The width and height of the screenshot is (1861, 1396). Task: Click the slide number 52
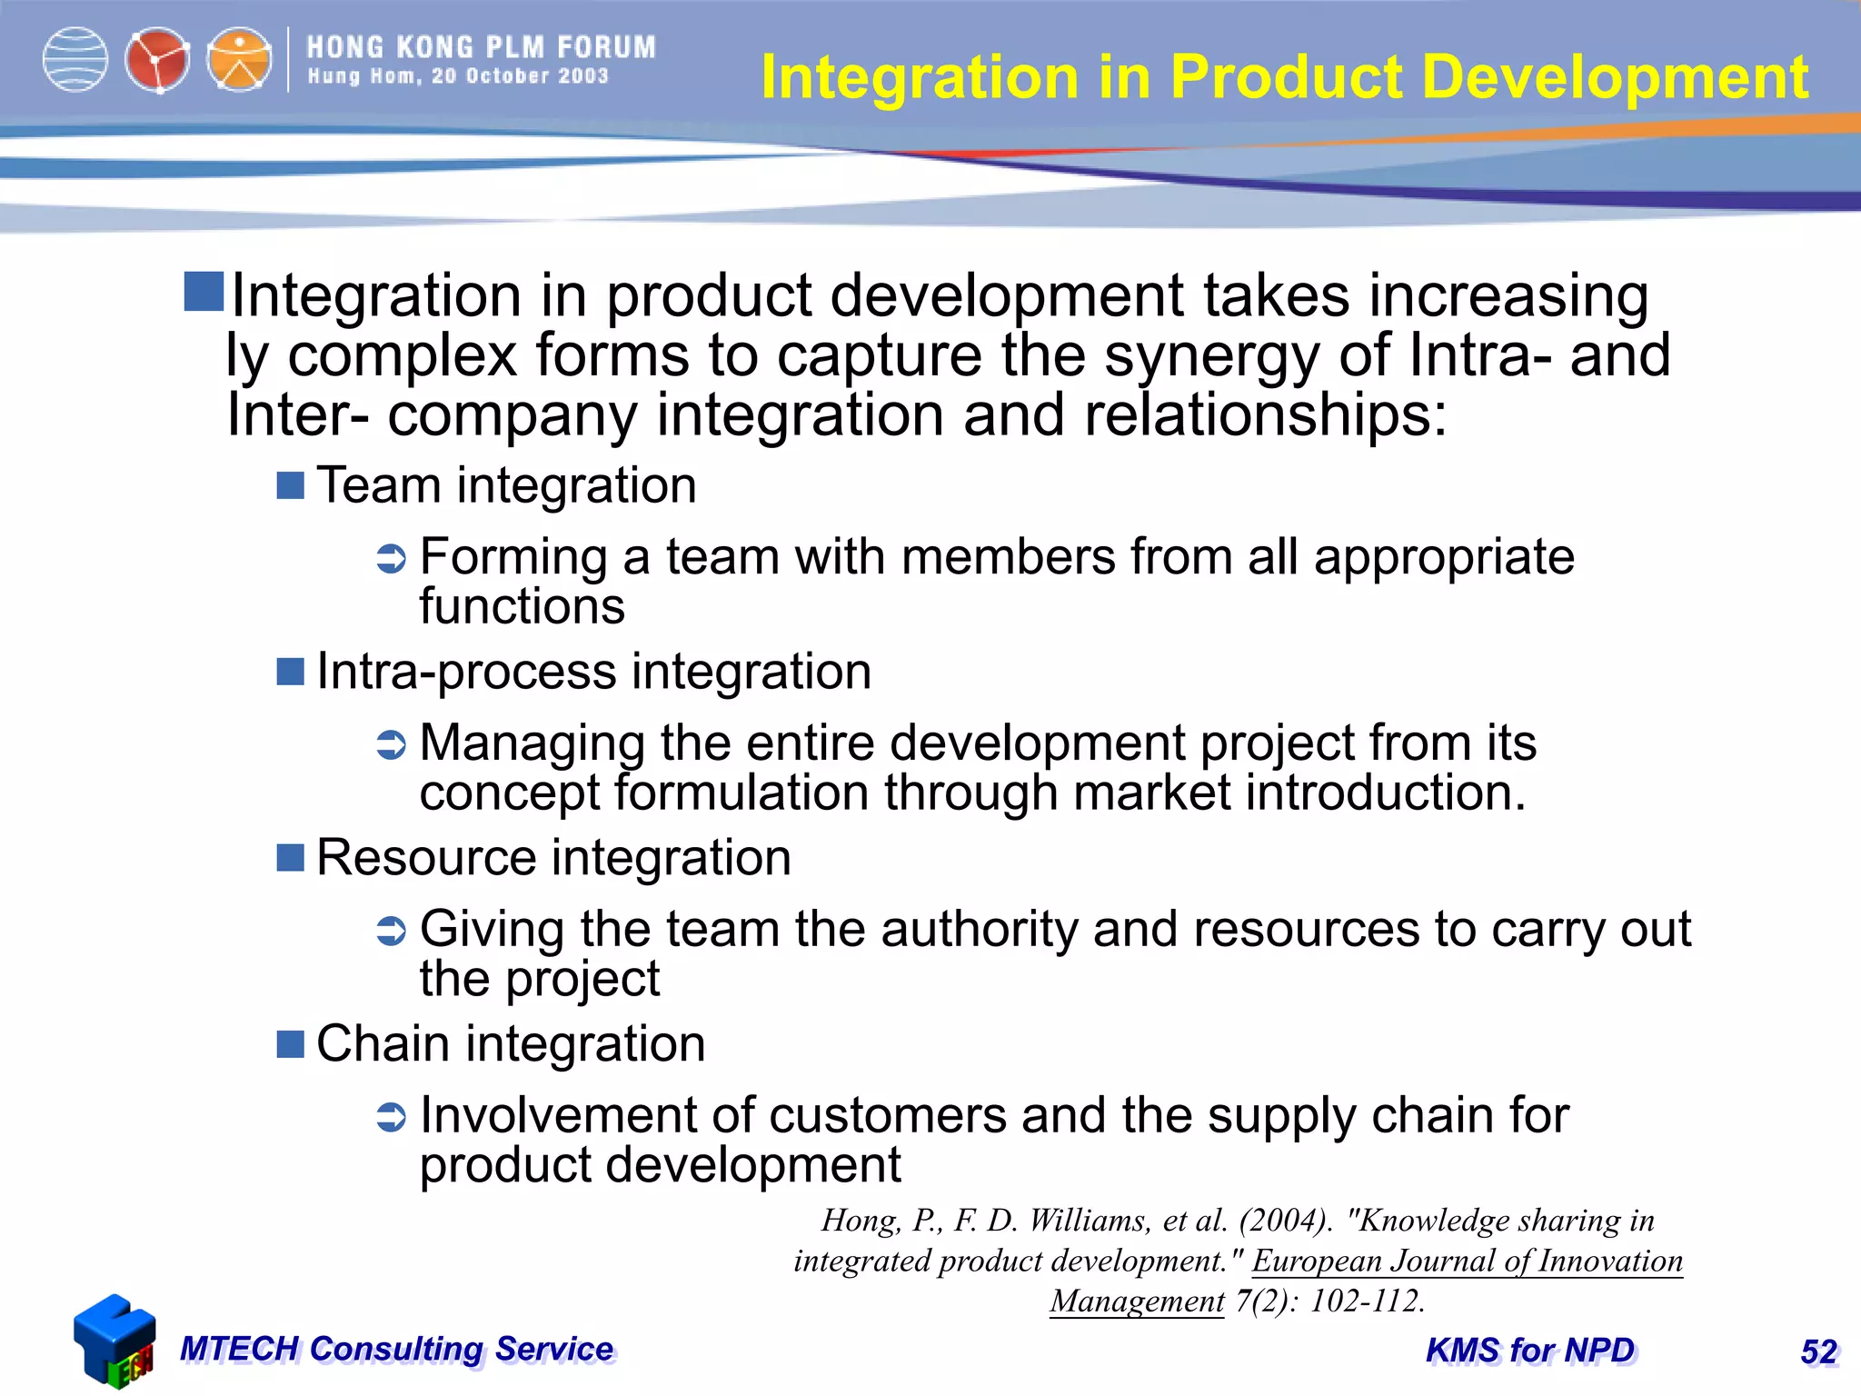(1818, 1351)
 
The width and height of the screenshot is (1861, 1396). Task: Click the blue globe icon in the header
(75, 60)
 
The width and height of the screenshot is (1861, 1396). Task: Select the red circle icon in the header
(157, 60)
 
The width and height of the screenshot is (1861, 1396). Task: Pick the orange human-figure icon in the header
(239, 60)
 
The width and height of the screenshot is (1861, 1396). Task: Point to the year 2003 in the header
(583, 76)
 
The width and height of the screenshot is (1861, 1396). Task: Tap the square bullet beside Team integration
(290, 485)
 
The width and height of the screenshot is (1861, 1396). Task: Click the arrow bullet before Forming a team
(392, 558)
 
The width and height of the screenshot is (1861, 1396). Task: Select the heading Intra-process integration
(593, 672)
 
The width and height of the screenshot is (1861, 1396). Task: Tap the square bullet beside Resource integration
(290, 857)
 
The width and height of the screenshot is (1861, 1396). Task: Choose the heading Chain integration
(511, 1043)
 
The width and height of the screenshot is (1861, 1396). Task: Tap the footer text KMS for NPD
(1530, 1351)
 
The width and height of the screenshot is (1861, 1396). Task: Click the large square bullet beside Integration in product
(204, 292)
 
